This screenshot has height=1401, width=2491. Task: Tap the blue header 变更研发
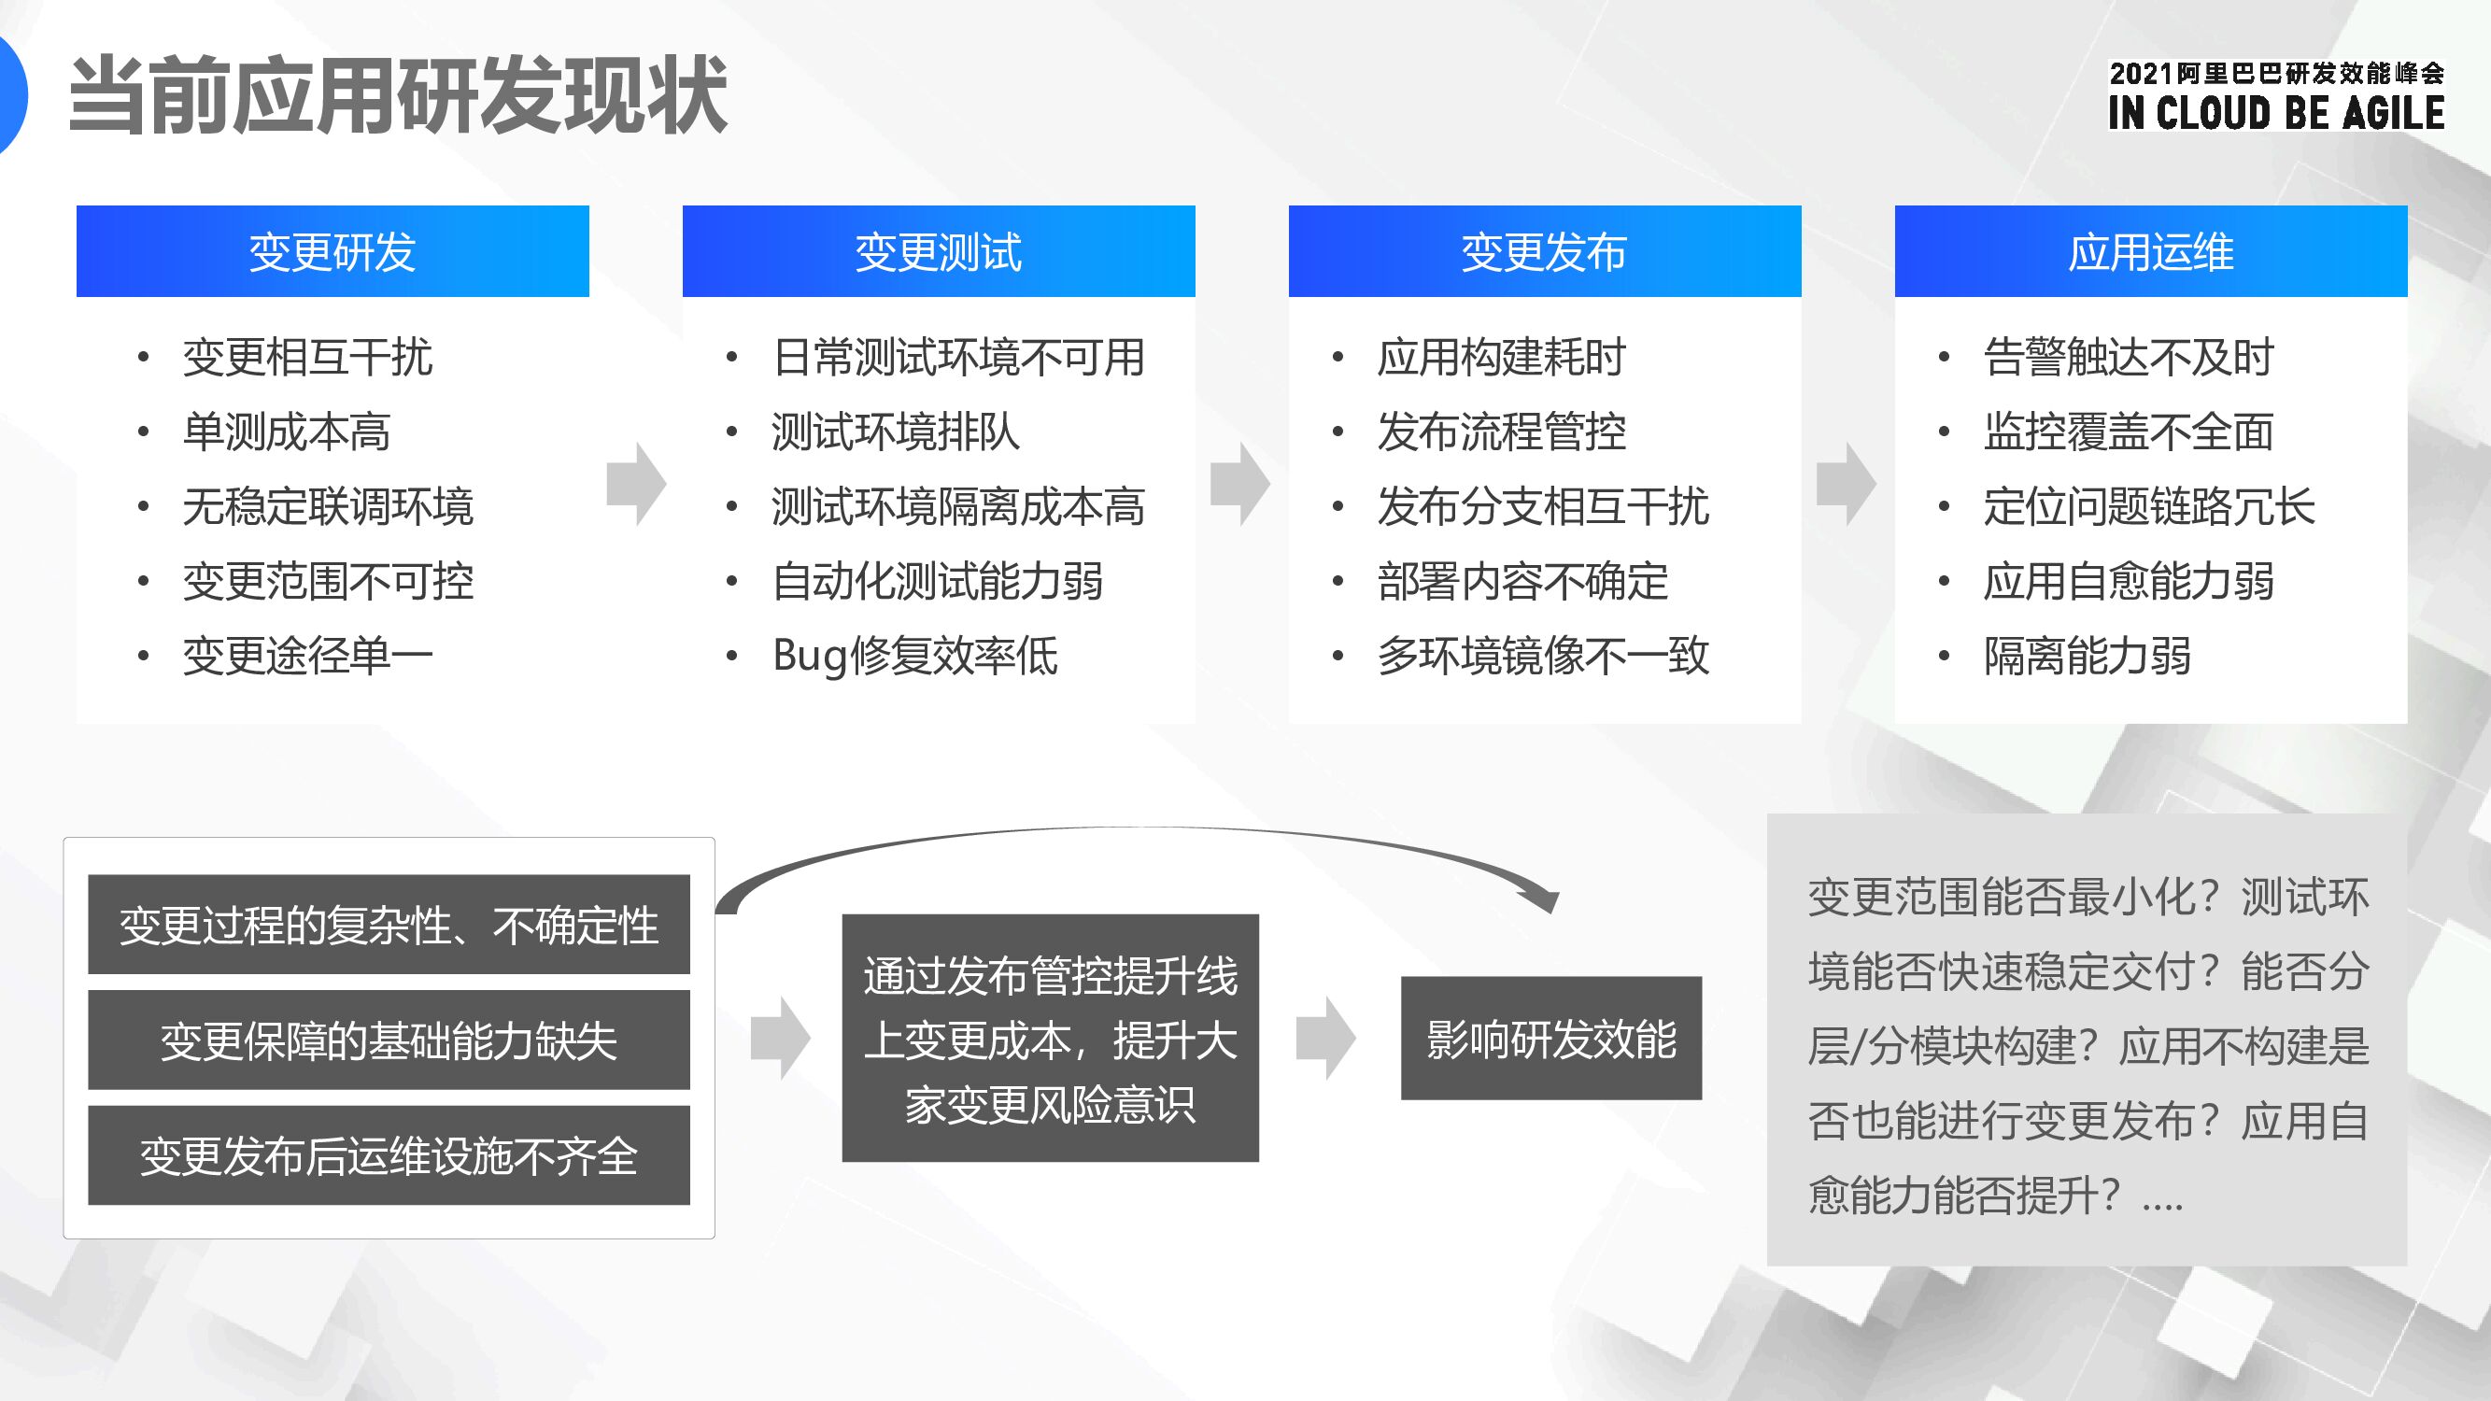[x=333, y=251]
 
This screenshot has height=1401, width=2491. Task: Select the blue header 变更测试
[x=938, y=251]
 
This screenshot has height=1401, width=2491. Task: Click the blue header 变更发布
[x=1544, y=251]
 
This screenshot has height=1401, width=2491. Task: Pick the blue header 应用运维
[x=2151, y=251]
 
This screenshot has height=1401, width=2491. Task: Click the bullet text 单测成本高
[x=286, y=432]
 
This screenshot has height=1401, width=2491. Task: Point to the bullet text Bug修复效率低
[x=914, y=656]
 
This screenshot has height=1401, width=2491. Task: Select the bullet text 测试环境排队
[x=896, y=432]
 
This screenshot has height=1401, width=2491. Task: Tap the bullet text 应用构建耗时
[x=1502, y=357]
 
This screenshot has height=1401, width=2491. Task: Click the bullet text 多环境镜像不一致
[x=1543, y=656]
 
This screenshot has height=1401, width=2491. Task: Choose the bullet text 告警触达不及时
[x=2129, y=357]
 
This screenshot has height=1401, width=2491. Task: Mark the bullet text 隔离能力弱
[x=2087, y=656]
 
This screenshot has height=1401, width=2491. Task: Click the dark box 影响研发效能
[x=1551, y=1039]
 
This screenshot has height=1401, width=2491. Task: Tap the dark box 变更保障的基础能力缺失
[x=389, y=1040]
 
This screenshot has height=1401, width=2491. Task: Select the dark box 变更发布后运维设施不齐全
[x=389, y=1155]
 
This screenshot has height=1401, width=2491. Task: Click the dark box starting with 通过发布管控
[x=1050, y=1039]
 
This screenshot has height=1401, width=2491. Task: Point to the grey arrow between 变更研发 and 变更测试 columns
[x=636, y=484]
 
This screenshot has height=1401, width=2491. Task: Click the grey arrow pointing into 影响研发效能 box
[x=1325, y=1039]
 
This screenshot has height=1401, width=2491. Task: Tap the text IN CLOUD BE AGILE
[x=2276, y=113]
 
